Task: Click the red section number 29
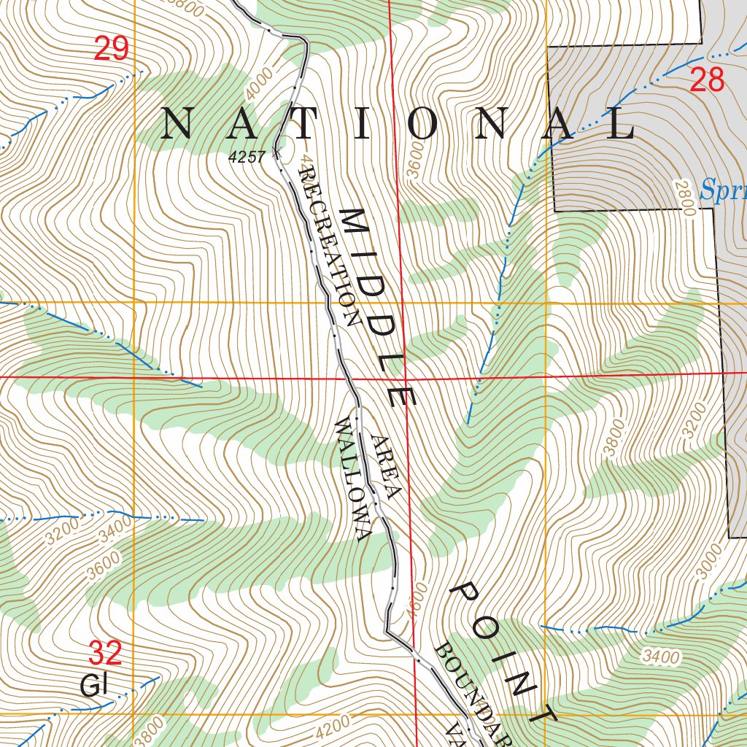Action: coord(111,49)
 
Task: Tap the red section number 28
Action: coord(706,80)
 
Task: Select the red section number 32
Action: coord(105,653)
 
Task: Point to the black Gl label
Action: coord(93,686)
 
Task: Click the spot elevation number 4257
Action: coord(247,157)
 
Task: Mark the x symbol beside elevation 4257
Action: coord(276,152)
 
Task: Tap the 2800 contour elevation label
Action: coord(684,198)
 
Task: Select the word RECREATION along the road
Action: coord(330,245)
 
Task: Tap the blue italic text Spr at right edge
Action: coord(722,191)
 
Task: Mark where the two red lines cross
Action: coord(406,377)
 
